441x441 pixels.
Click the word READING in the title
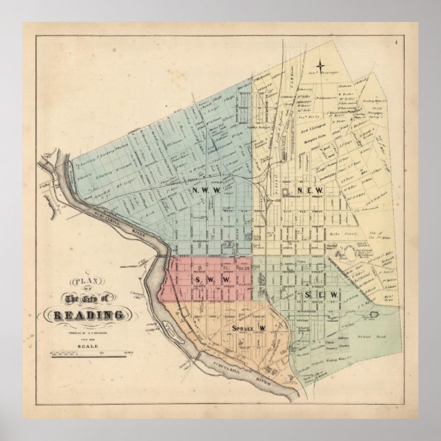tap(86, 315)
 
